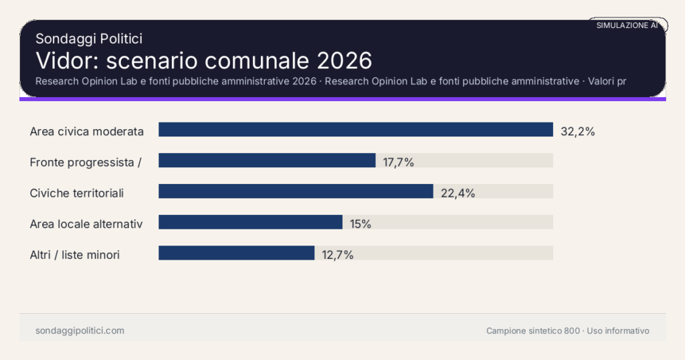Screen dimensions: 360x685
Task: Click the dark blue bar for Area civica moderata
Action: (355, 130)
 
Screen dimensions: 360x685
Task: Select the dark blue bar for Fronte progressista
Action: (267, 161)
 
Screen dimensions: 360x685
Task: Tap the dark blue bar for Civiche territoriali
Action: (296, 191)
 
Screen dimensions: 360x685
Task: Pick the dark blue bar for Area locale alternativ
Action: (250, 222)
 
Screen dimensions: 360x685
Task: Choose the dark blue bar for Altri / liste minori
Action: (236, 253)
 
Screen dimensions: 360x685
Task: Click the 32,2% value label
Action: (577, 131)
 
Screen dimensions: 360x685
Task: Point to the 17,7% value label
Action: (399, 162)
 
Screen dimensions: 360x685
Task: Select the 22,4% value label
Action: (458, 193)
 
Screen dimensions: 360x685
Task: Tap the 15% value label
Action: (361, 223)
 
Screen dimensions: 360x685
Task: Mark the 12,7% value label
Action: (337, 254)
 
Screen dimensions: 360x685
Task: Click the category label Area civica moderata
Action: (87, 131)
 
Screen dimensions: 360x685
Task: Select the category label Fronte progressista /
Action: (86, 162)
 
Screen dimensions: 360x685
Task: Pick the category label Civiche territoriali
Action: (77, 193)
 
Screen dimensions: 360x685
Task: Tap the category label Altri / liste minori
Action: (75, 254)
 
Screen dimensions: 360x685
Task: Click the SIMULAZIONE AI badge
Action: (627, 25)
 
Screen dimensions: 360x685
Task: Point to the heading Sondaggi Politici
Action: (88, 39)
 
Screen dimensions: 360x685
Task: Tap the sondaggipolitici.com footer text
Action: (80, 331)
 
